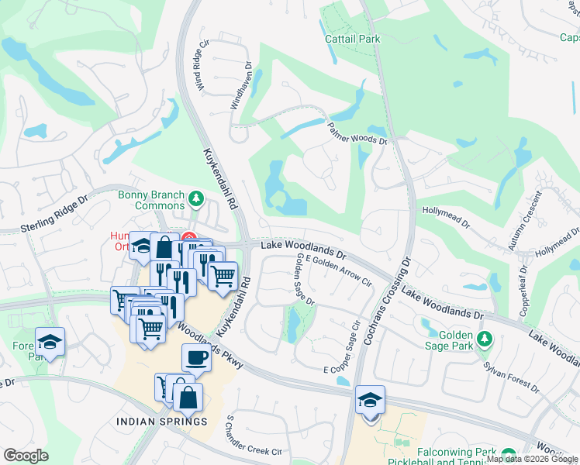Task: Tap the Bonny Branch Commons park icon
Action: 195,201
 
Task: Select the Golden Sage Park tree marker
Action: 485,339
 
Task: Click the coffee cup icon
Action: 196,358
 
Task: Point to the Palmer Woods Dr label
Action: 357,135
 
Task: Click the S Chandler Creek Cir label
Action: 253,436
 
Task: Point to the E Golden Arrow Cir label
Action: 338,270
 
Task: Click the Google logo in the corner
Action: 26,456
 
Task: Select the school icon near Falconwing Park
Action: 370,400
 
